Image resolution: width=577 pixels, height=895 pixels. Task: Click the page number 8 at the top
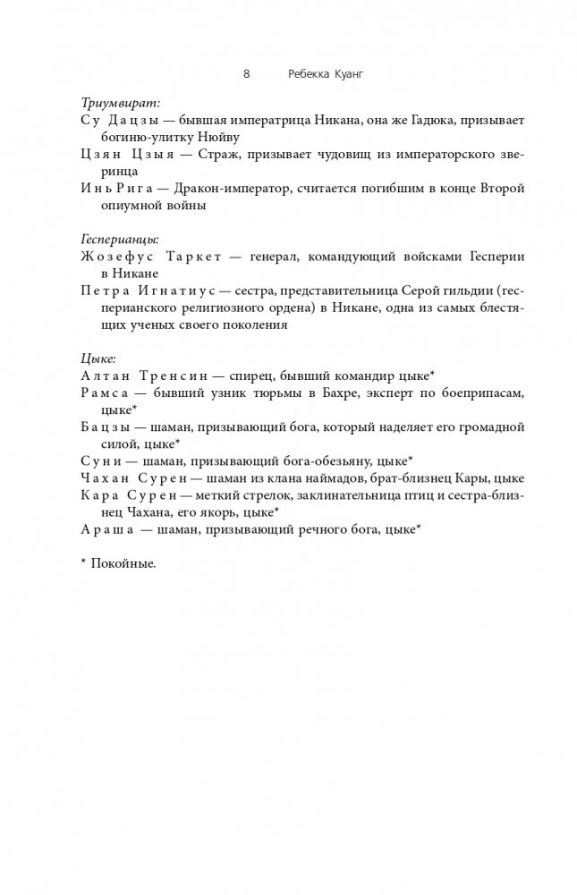247,74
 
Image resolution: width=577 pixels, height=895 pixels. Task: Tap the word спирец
256,375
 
